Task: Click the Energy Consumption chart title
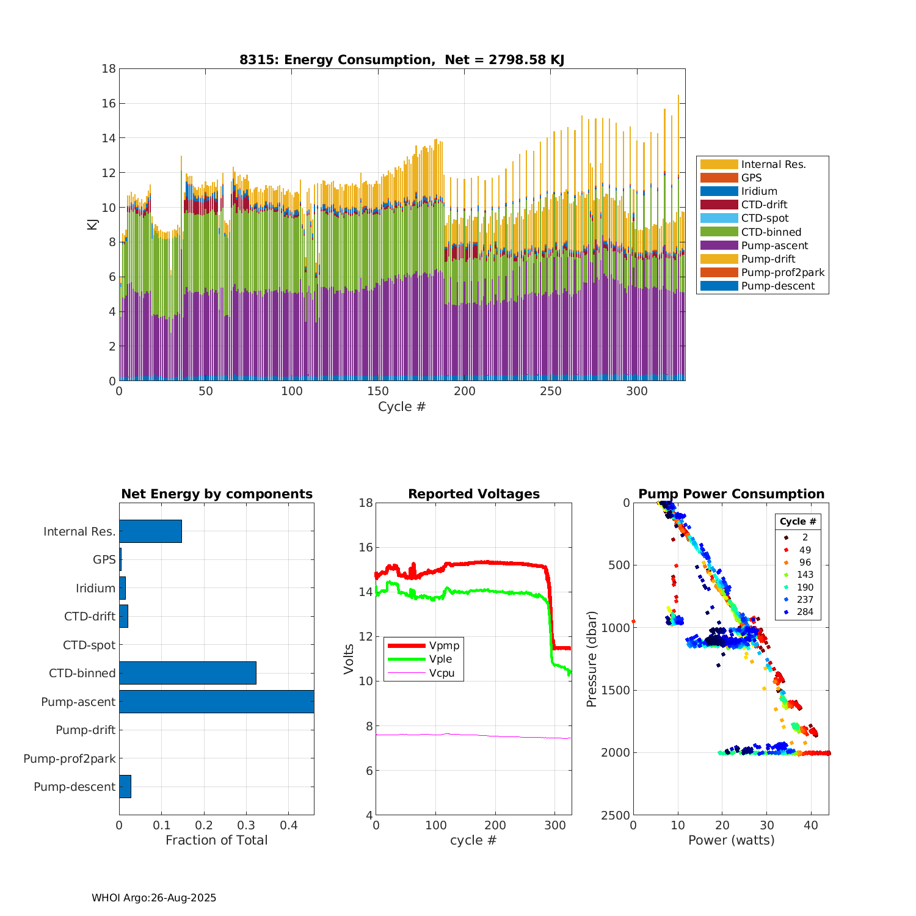pyautogui.click(x=401, y=60)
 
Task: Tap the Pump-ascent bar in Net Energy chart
pyautogui.click(x=216, y=702)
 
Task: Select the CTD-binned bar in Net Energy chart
pyautogui.click(x=187, y=673)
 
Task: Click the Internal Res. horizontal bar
pyautogui.click(x=150, y=531)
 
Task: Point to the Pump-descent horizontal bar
pyautogui.click(x=125, y=787)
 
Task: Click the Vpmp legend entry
pyautogui.click(x=444, y=645)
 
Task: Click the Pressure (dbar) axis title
pyautogui.click(x=591, y=659)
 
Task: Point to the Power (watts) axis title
pyautogui.click(x=731, y=840)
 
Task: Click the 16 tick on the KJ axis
pyautogui.click(x=109, y=103)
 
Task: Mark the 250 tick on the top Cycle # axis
pyautogui.click(x=551, y=391)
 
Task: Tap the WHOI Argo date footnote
pyautogui.click(x=154, y=898)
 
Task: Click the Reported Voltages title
pyautogui.click(x=474, y=494)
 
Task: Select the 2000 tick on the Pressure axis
pyautogui.click(x=618, y=752)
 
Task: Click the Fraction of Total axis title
pyautogui.click(x=216, y=840)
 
